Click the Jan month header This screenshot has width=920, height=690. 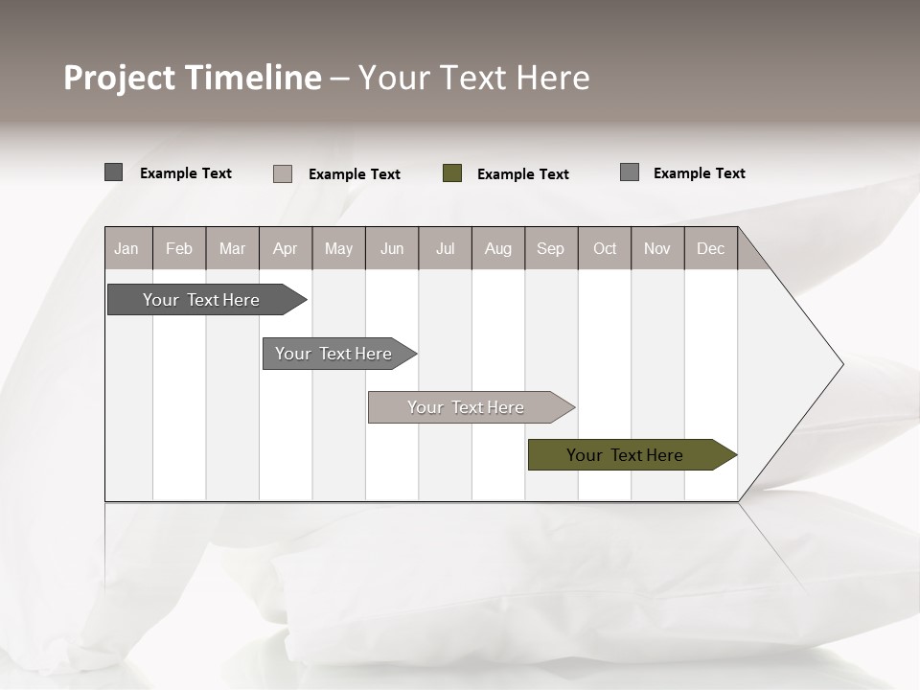[x=127, y=248]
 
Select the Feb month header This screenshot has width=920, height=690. [x=179, y=248]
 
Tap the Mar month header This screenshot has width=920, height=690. [x=232, y=248]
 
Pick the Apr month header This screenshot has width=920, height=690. [x=285, y=248]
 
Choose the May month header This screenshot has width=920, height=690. [x=338, y=248]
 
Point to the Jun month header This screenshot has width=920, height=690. [x=392, y=248]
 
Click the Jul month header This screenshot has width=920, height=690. [x=445, y=248]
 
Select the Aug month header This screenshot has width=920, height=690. [x=498, y=248]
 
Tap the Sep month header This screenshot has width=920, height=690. [x=551, y=248]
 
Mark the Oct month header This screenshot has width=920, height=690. [x=605, y=248]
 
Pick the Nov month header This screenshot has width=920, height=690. [x=657, y=248]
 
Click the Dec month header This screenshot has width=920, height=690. [x=711, y=248]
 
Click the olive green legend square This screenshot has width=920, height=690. [x=452, y=173]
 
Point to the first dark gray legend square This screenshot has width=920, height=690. [x=114, y=172]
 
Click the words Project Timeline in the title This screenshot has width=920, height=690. [x=193, y=78]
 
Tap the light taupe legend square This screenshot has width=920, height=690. [x=283, y=173]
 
